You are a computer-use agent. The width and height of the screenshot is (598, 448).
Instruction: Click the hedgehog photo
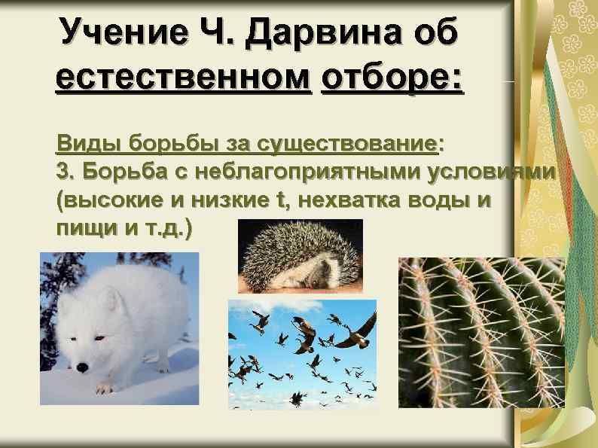click(301, 256)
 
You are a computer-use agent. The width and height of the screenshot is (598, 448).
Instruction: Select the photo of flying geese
click(302, 354)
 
